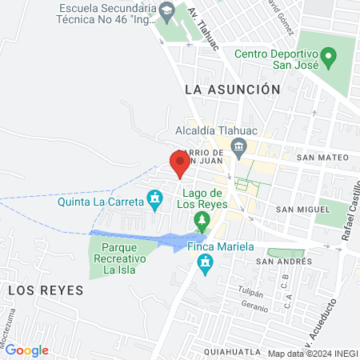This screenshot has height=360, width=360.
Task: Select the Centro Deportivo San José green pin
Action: [x=329, y=57]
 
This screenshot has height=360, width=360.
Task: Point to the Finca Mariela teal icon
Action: [x=206, y=263]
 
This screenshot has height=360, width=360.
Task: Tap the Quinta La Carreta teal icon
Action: [x=155, y=197]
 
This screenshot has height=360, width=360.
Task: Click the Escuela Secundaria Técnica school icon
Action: [x=167, y=11]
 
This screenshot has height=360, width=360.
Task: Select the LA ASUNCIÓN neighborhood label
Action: [x=232, y=90]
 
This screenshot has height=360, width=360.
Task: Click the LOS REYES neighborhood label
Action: [x=46, y=290]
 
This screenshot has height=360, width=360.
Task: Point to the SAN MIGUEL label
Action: [x=303, y=209]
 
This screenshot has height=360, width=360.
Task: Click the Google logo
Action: [x=26, y=350]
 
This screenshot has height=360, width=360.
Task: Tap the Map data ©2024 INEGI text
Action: [x=312, y=353]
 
